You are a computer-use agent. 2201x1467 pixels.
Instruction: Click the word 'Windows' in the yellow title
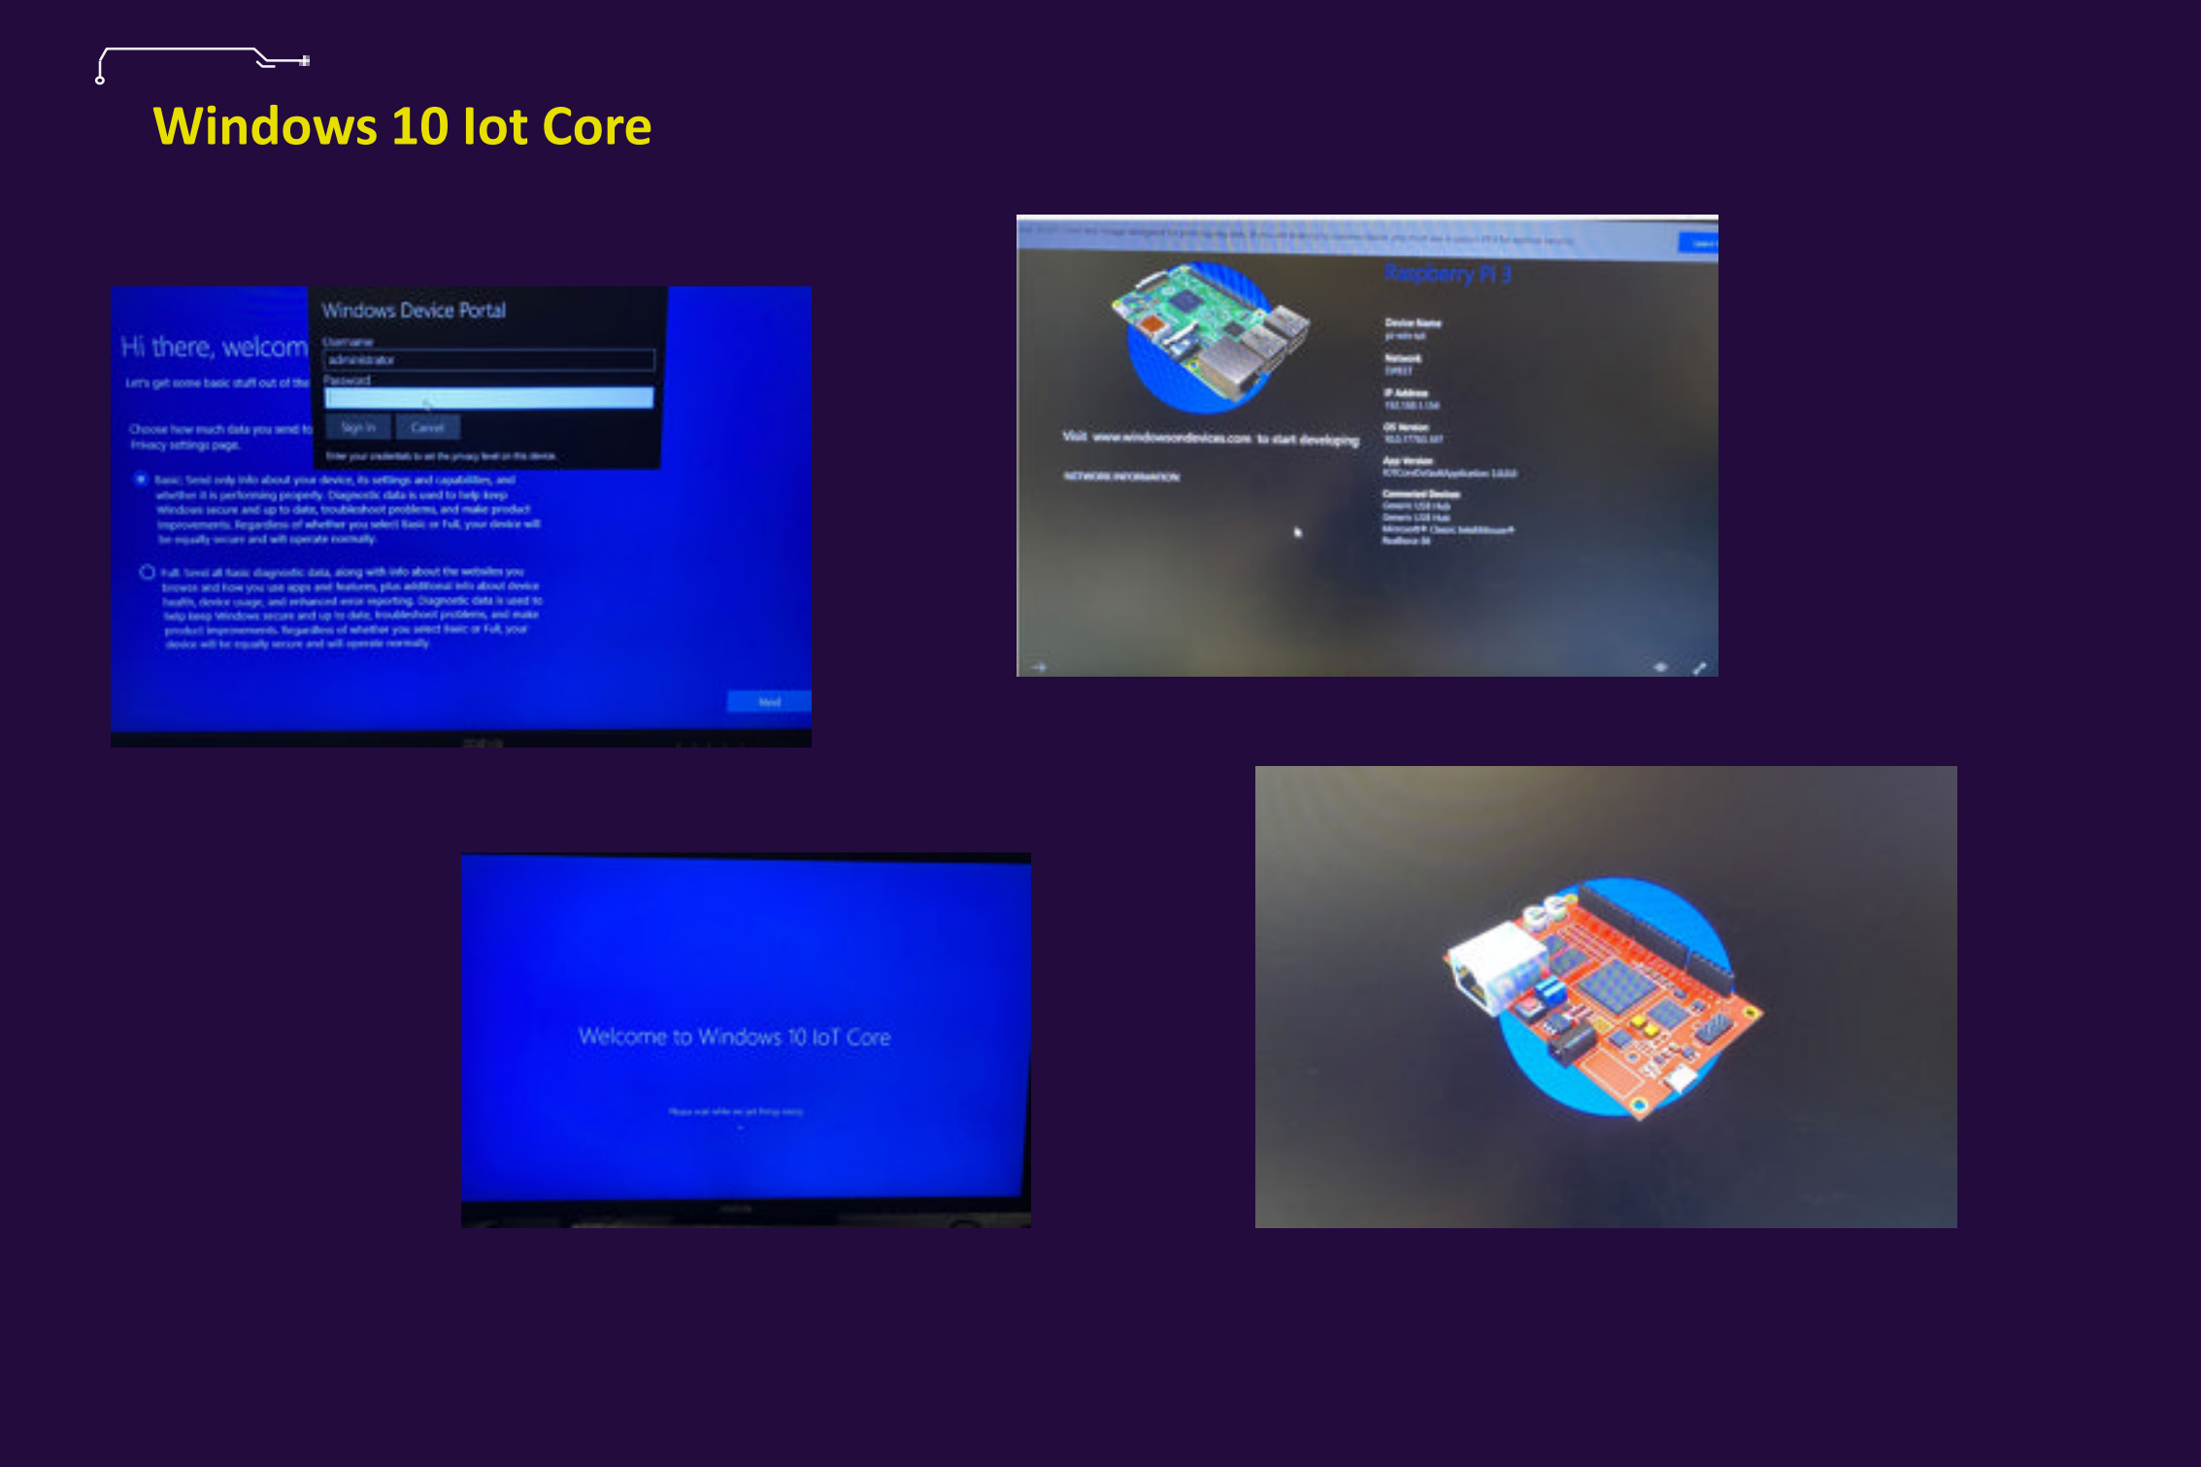click(x=264, y=127)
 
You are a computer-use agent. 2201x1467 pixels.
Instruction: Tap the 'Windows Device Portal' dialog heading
click(x=414, y=311)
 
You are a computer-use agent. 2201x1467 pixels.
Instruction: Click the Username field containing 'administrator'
click(x=488, y=360)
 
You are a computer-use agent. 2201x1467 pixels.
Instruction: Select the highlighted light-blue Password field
click(x=488, y=398)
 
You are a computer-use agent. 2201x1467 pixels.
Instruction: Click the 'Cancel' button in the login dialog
click(x=427, y=427)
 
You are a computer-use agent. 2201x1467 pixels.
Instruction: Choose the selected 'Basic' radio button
click(x=142, y=479)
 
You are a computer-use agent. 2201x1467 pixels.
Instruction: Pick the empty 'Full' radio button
click(x=148, y=572)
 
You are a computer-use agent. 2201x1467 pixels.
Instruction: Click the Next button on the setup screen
click(x=768, y=702)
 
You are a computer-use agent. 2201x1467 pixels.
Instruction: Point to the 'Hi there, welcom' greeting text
click(x=214, y=348)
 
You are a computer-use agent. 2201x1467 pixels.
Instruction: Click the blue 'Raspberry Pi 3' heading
click(x=1448, y=274)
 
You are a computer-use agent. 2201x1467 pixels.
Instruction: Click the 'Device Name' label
click(x=1413, y=322)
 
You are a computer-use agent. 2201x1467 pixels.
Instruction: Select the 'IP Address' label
click(x=1405, y=393)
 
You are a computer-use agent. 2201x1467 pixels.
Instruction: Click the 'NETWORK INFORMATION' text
click(x=1121, y=477)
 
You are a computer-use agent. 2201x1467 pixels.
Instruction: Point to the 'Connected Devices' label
click(x=1421, y=494)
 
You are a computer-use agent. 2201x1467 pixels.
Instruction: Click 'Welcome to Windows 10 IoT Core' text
click(x=734, y=1037)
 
